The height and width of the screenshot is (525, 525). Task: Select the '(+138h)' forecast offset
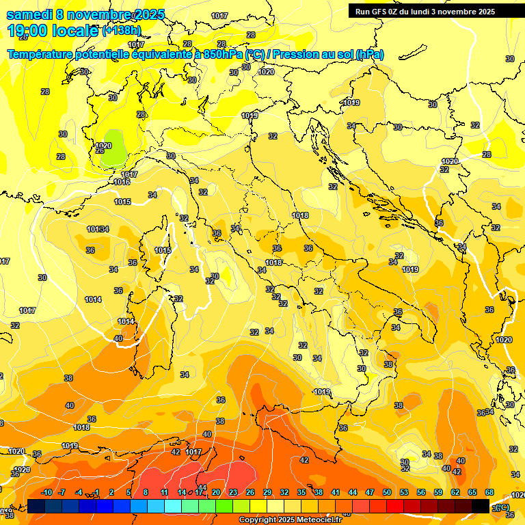click(x=122, y=31)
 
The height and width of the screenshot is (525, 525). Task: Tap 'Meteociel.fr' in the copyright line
click(x=321, y=520)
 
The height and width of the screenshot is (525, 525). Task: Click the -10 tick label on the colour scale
click(x=46, y=493)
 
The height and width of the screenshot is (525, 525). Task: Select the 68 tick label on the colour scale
click(x=489, y=493)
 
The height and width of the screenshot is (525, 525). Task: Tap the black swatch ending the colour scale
click(x=481, y=506)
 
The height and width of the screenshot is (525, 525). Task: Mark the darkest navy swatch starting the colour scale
click(x=37, y=506)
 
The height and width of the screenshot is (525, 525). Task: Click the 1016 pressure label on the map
click(x=122, y=182)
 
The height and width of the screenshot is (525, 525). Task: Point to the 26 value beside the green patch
click(x=100, y=151)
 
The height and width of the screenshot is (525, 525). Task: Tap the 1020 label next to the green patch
click(x=103, y=145)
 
